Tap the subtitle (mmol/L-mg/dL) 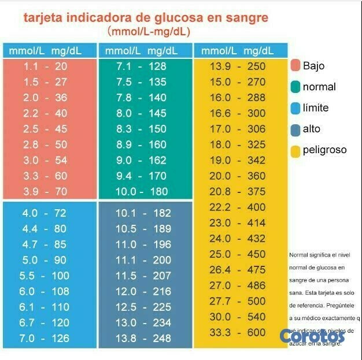(149, 32)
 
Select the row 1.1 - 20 (46, 66)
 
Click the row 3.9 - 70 (46, 191)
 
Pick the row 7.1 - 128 (141, 66)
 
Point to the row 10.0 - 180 (141, 191)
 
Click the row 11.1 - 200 (143, 260)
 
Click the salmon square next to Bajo (295, 66)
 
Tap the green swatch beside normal (295, 87)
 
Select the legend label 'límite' (316, 108)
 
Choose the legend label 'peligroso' (324, 150)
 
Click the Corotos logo (312, 335)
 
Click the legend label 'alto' (311, 129)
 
